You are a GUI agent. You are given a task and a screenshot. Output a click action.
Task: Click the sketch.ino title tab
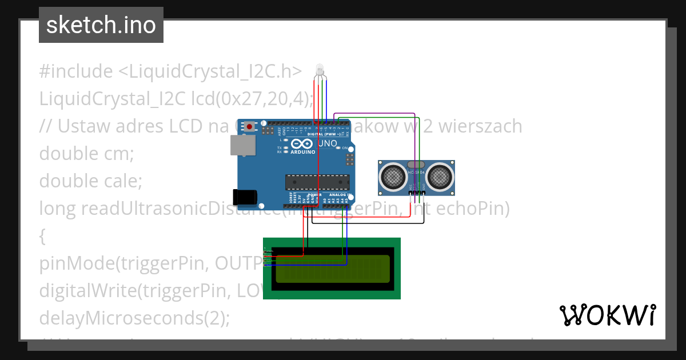point(101,25)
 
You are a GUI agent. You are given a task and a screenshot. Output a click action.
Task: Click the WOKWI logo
point(607,315)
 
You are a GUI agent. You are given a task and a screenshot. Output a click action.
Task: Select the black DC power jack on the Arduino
point(246,197)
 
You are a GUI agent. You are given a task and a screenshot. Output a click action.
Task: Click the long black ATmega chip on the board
point(317,182)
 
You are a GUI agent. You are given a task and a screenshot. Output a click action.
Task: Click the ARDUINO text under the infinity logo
point(303,152)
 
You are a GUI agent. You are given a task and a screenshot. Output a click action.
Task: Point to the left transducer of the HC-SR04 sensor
point(393,176)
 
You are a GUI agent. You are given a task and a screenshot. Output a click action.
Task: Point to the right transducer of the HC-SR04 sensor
point(440,176)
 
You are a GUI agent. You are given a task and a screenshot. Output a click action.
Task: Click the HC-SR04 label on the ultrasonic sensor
point(417,171)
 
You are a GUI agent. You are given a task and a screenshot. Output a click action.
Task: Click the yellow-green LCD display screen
point(333,269)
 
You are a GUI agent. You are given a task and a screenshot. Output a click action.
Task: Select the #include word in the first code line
point(75,71)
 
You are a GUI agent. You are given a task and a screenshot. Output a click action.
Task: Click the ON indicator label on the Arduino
point(345,148)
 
